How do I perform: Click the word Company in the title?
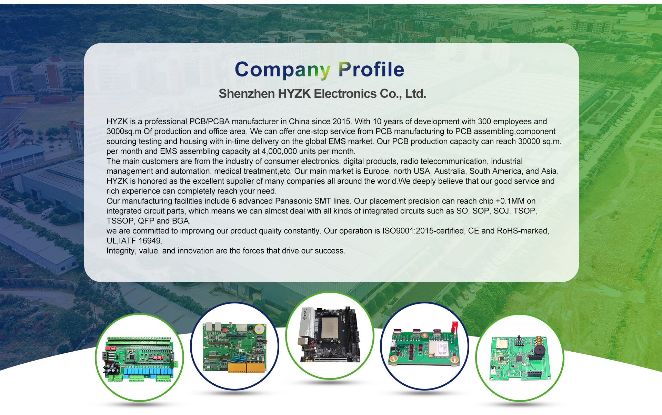pyautogui.click(x=283, y=70)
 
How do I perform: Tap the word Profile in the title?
pyautogui.click(x=371, y=69)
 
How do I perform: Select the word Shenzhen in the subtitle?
pyautogui.click(x=247, y=94)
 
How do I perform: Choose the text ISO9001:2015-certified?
pyautogui.click(x=423, y=231)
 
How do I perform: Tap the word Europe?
pyautogui.click(x=376, y=171)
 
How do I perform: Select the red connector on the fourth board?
pyautogui.click(x=455, y=327)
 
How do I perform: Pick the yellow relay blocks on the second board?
pyautogui.click(x=247, y=367)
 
